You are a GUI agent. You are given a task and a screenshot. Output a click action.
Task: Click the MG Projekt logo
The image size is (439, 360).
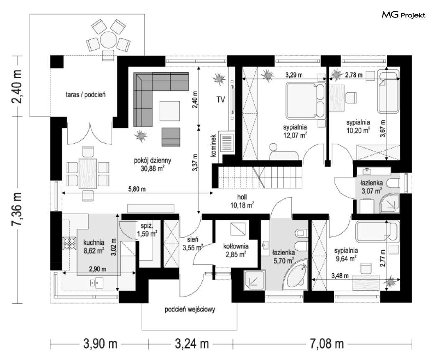pyautogui.click(x=403, y=15)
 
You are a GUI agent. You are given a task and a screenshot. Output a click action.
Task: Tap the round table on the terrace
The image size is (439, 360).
pyautogui.click(x=108, y=40)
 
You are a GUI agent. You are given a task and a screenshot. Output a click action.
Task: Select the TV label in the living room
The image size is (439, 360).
pyautogui.click(x=221, y=99)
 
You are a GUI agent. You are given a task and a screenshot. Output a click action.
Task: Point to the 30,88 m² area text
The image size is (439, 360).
pyautogui.click(x=153, y=168)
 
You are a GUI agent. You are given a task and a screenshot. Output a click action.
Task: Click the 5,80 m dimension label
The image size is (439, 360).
pyautogui.click(x=137, y=189)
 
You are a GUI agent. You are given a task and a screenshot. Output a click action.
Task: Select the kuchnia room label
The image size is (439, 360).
pyautogui.click(x=94, y=243)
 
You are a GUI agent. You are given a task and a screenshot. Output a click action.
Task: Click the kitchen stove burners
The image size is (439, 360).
pyautogui.click(x=69, y=243)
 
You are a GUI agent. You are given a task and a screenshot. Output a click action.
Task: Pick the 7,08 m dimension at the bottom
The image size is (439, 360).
pyautogui.click(x=327, y=343)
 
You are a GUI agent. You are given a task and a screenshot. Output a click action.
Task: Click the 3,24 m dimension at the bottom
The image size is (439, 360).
pyautogui.click(x=192, y=343)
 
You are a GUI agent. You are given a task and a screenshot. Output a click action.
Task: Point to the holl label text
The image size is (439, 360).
pyautogui.click(x=242, y=197)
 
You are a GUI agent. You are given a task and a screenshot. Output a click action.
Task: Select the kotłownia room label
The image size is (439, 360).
pyautogui.click(x=236, y=246)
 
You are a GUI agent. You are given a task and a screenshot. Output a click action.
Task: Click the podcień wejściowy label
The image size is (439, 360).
pyautogui.click(x=190, y=309)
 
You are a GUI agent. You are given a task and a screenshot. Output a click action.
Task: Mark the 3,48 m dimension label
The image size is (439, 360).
pyautogui.click(x=340, y=276)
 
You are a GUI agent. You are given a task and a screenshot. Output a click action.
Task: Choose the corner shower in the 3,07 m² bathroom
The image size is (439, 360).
pyautogui.click(x=389, y=203)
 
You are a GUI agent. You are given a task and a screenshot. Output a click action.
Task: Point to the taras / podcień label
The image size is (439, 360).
pyautogui.click(x=86, y=94)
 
